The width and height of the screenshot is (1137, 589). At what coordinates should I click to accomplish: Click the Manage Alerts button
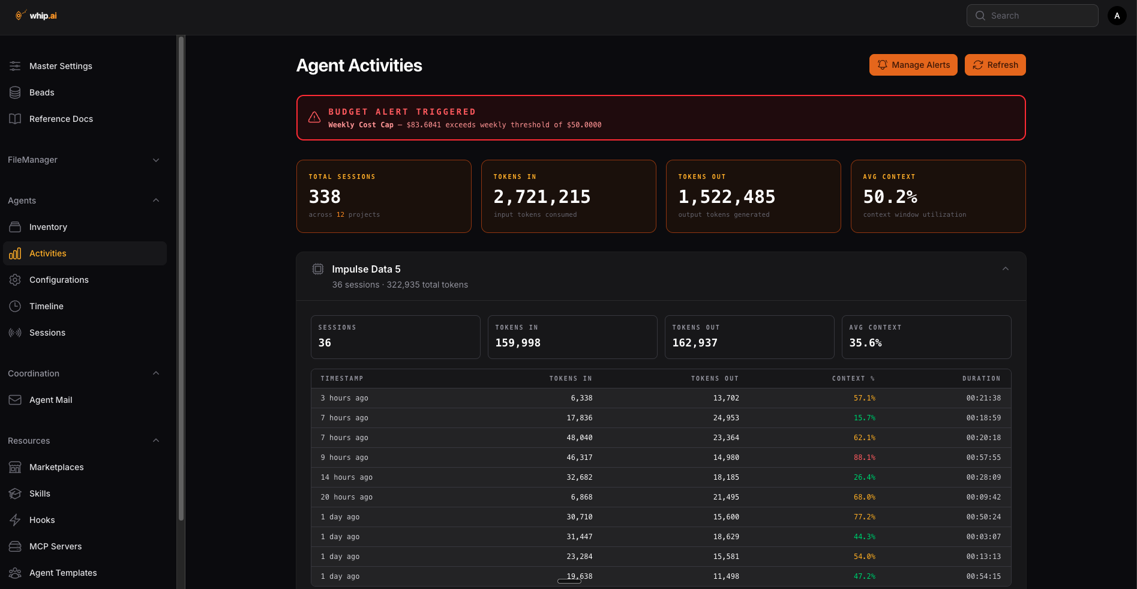913,65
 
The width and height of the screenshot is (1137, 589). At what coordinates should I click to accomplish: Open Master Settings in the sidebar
61,66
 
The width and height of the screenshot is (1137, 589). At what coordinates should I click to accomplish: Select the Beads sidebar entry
41,92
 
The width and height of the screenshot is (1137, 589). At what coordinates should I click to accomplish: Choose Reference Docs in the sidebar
61,119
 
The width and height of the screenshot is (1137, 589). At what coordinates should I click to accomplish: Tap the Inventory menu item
48,227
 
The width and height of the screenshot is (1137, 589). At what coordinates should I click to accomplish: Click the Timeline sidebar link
46,306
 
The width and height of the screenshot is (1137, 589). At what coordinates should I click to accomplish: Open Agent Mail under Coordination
50,400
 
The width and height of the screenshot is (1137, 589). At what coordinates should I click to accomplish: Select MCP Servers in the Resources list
55,546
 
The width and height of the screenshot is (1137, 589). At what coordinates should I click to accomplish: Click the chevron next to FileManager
156,160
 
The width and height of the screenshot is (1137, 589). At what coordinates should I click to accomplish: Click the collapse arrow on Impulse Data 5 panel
1005,269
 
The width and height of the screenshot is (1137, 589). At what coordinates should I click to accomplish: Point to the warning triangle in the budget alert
314,118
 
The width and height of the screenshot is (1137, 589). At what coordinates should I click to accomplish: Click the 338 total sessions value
325,197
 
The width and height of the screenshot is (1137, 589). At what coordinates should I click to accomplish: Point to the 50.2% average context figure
890,197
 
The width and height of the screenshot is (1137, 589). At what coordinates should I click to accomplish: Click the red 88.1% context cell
864,458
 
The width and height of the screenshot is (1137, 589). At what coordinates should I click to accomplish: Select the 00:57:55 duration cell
983,458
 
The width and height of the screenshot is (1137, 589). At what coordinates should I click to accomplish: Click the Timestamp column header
341,379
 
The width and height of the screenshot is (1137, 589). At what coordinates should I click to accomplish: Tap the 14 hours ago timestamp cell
346,477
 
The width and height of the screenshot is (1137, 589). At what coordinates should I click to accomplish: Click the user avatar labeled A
1117,16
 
